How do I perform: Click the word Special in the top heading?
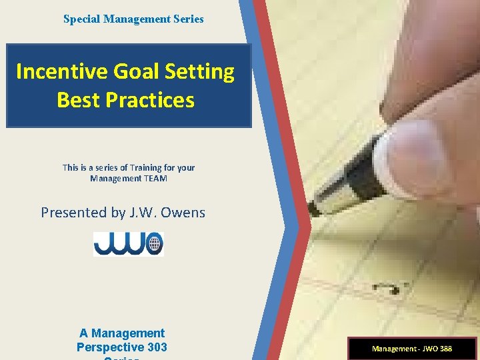80,19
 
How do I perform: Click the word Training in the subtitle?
138,168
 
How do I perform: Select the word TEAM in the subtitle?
155,179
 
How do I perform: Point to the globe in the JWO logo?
155,243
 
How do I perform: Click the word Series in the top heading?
189,19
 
